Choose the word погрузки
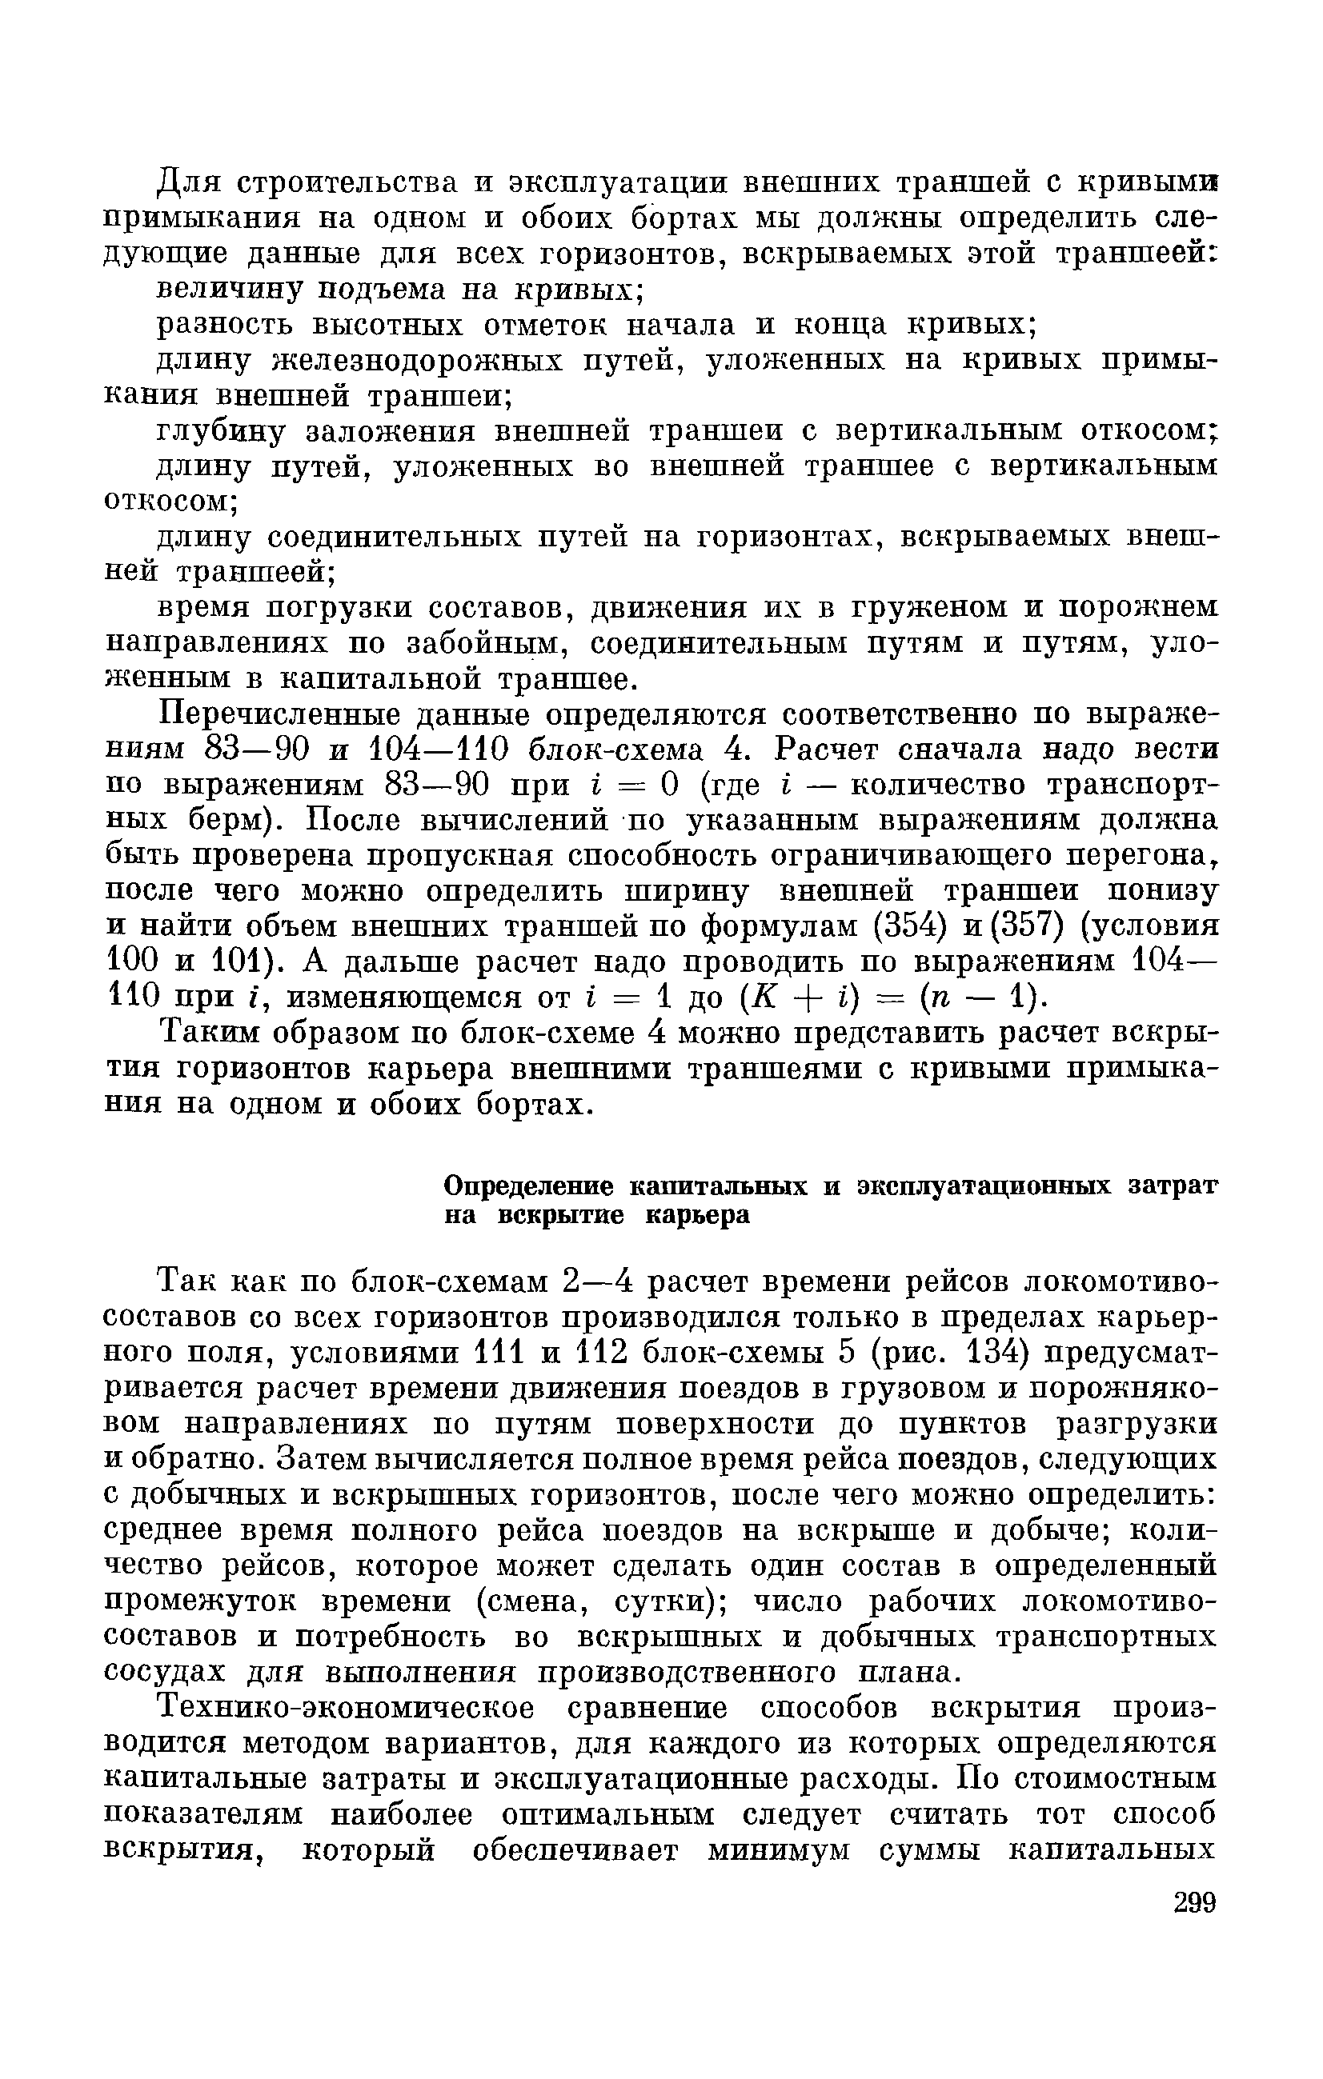(x=333, y=608)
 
